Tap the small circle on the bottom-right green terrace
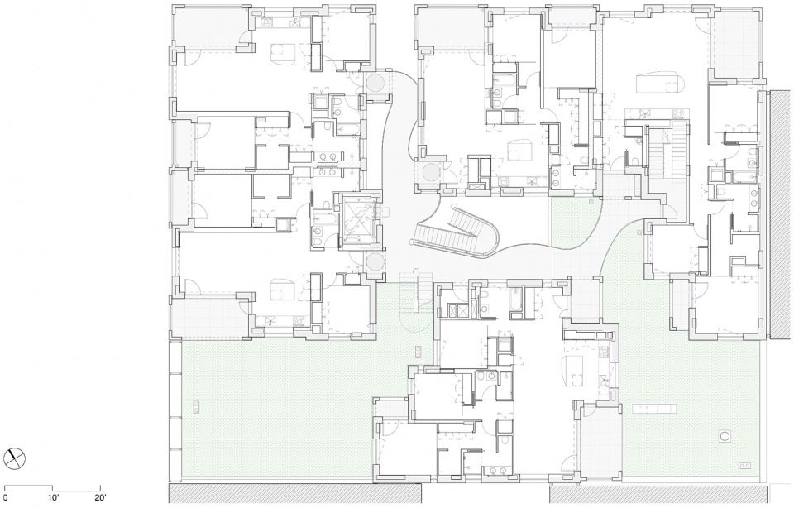click(x=725, y=435)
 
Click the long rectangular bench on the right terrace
click(x=653, y=408)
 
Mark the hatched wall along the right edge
click(x=780, y=215)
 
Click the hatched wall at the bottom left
click(x=295, y=493)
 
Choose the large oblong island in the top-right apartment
click(x=658, y=82)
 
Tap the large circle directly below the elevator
click(x=375, y=262)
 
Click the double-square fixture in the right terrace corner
click(x=744, y=465)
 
